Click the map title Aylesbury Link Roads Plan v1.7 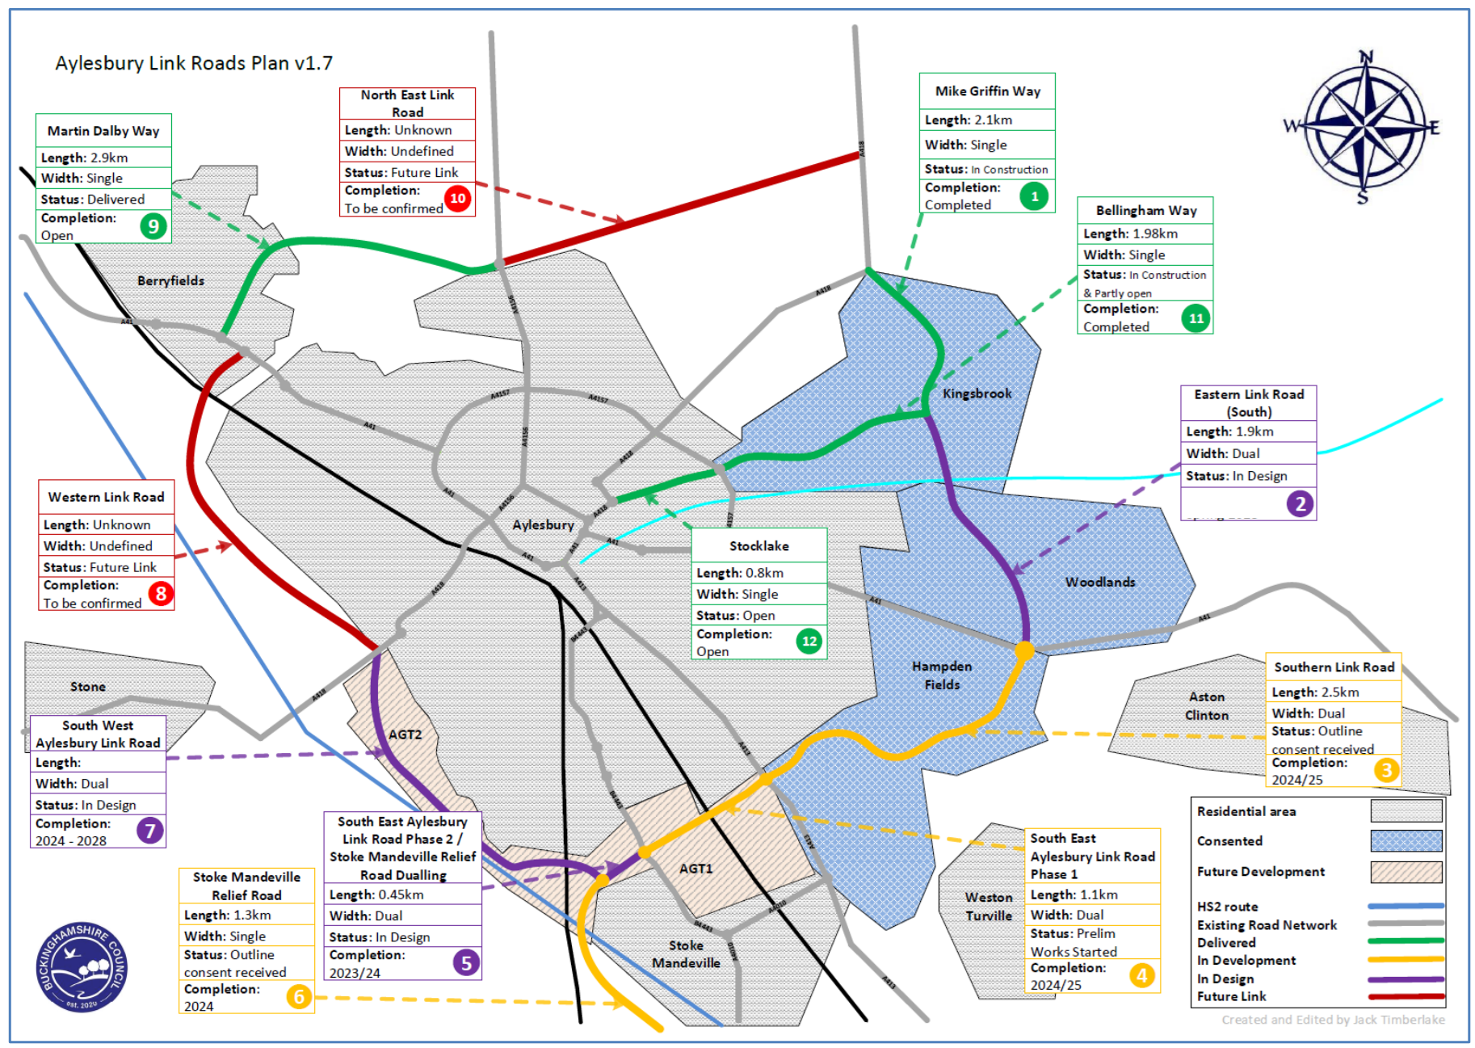[x=194, y=63]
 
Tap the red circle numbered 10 [x=457, y=198]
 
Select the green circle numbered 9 [x=153, y=225]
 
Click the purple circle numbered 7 [x=150, y=831]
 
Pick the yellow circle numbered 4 [x=1141, y=975]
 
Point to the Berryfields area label [x=170, y=280]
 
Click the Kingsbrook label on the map [x=977, y=394]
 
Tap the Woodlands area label [x=1099, y=582]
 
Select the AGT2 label [x=405, y=734]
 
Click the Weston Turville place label [x=989, y=907]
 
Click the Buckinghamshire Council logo [x=82, y=967]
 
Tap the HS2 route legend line [x=1406, y=906]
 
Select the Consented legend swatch [x=1406, y=841]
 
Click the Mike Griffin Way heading [x=987, y=91]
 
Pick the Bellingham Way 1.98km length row [x=1145, y=234]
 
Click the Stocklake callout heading [x=759, y=546]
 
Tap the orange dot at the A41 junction [x=1024, y=650]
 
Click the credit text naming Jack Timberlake [x=1333, y=1020]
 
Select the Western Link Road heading [x=106, y=497]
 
